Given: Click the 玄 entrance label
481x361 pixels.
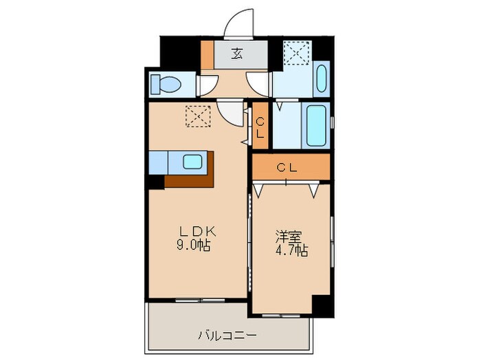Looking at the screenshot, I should coord(236,54).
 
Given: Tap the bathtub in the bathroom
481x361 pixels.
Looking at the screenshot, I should coord(318,126).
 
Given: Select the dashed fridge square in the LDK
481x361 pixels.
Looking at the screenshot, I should coord(199,116).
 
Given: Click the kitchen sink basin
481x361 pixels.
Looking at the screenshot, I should coord(192,162).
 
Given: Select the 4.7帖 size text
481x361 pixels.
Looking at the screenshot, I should coord(291,251).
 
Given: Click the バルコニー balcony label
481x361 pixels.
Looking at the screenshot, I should coord(227,336).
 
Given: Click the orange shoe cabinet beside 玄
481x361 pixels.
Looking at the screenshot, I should coord(207,54).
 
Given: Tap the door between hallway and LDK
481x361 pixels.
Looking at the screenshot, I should coord(233,111).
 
